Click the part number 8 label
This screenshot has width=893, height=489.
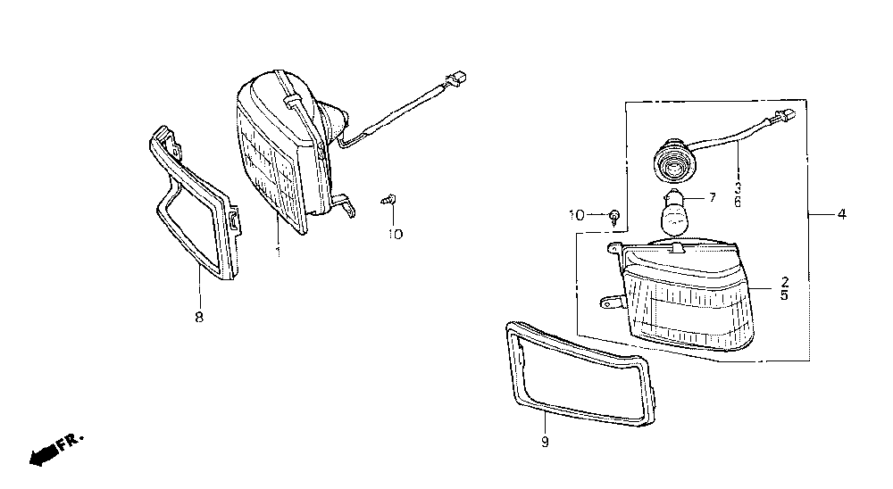click(x=198, y=317)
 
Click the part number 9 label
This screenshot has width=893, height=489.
click(x=545, y=441)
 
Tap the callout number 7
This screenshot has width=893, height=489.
click(x=713, y=198)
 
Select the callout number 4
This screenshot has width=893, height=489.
click(x=842, y=214)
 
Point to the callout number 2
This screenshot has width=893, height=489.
click(x=784, y=280)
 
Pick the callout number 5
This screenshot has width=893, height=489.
click(x=784, y=294)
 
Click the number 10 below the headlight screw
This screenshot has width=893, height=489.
click(x=395, y=234)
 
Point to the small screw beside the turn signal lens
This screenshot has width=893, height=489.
click(x=615, y=215)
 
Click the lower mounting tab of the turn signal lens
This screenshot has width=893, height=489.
click(x=610, y=304)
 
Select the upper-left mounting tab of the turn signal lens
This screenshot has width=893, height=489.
click(x=614, y=247)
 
